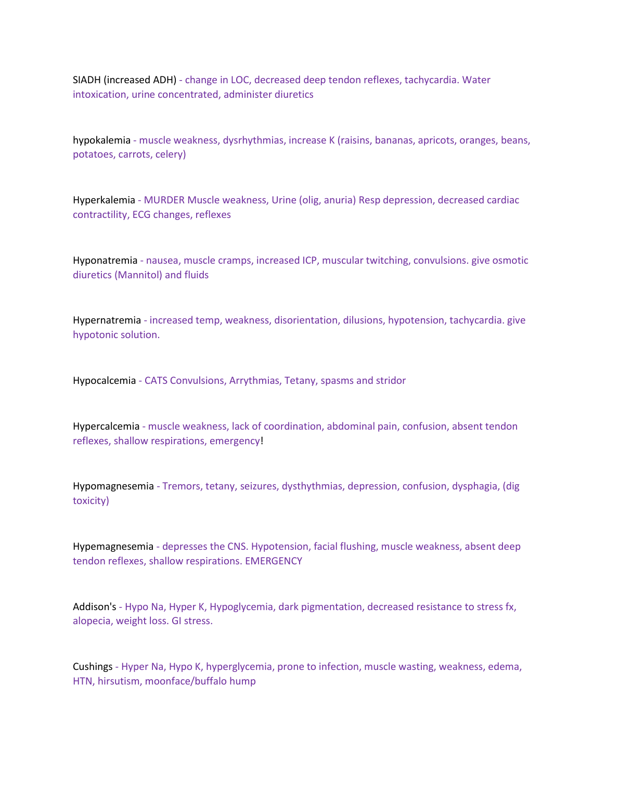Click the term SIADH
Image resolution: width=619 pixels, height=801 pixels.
(x=86, y=80)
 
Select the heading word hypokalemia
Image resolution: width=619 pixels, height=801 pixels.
(x=101, y=140)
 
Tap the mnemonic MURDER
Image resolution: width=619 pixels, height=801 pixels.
(x=164, y=200)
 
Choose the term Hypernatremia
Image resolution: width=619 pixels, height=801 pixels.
(x=107, y=320)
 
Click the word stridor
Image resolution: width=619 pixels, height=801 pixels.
(x=390, y=381)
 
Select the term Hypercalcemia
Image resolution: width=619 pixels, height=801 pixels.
(x=106, y=427)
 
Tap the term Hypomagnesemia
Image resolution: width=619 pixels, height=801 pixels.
(x=113, y=486)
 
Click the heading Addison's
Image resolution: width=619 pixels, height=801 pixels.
(x=94, y=607)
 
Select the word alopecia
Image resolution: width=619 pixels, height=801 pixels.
(x=92, y=621)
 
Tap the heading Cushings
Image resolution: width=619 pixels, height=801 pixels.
(x=93, y=667)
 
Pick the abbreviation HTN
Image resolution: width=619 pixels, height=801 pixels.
(x=82, y=681)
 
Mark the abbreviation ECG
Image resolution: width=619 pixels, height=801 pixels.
(x=141, y=215)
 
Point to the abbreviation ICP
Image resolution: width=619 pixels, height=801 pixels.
(x=309, y=261)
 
